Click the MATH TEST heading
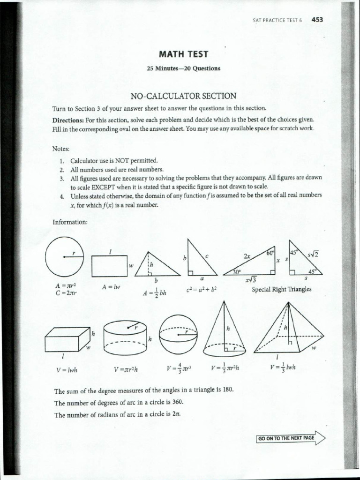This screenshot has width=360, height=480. [183, 54]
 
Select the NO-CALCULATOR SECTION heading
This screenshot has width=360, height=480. [183, 96]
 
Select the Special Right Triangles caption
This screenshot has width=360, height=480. [281, 289]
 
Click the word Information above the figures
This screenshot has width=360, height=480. [70, 222]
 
